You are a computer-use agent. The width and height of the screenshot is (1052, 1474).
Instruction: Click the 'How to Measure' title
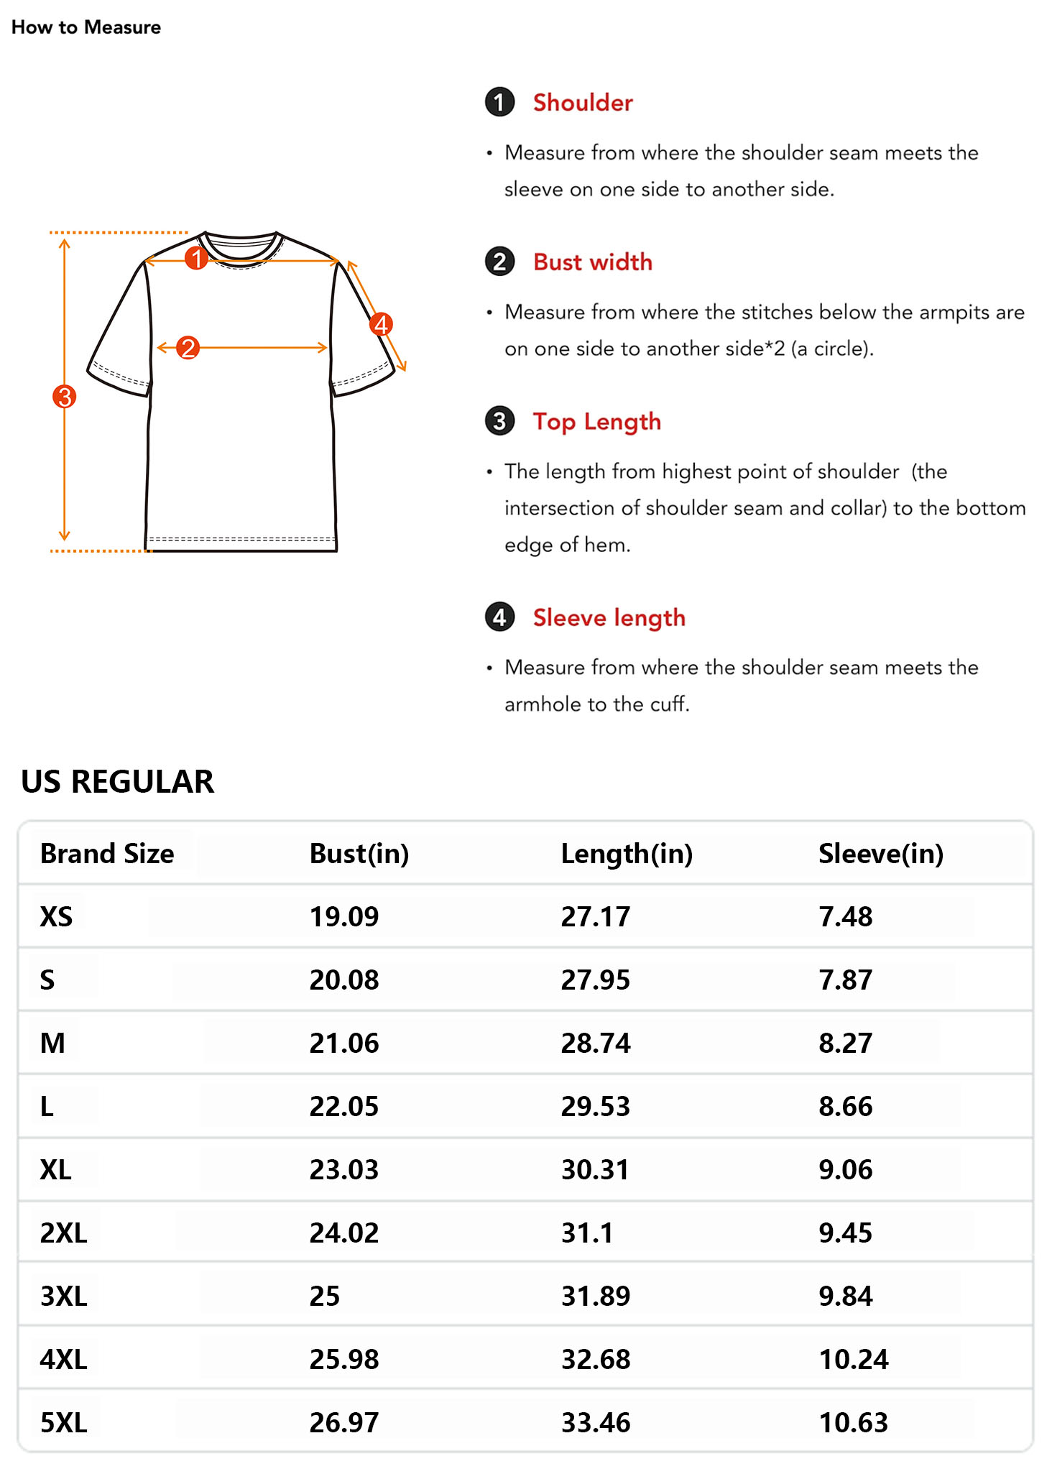tap(86, 27)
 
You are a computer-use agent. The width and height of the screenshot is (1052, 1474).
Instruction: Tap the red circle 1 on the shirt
tap(196, 258)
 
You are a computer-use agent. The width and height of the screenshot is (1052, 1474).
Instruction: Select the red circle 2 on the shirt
tap(188, 348)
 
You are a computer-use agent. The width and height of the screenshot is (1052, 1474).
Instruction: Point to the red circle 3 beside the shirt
tap(65, 396)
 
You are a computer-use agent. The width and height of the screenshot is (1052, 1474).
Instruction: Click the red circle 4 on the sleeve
tap(381, 324)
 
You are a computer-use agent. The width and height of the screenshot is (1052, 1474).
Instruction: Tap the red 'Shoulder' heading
tap(582, 103)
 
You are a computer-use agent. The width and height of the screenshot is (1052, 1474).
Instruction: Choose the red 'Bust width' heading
tap(592, 262)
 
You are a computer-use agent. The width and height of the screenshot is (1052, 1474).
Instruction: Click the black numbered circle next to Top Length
tap(499, 421)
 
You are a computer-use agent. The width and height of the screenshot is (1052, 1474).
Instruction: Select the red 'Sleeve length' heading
tap(609, 618)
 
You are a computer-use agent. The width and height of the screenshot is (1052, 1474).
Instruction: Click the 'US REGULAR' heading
tap(117, 782)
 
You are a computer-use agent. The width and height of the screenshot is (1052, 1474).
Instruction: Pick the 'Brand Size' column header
tap(107, 854)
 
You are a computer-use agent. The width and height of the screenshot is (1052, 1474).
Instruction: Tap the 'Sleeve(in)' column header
tap(880, 854)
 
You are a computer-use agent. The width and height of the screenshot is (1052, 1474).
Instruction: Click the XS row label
tap(56, 917)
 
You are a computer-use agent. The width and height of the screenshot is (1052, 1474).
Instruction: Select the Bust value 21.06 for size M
tap(344, 1044)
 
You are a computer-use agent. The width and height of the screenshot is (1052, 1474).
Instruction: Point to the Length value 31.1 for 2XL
tap(587, 1233)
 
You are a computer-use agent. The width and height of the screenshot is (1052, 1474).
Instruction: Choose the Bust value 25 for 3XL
tap(325, 1296)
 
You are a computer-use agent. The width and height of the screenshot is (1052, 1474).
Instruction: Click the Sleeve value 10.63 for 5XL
tap(853, 1423)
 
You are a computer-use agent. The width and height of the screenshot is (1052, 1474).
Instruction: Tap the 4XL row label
tap(63, 1360)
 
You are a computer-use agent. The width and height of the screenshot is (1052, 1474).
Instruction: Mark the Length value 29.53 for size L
tap(595, 1107)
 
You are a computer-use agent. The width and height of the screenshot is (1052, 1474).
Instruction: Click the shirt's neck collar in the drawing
tap(241, 248)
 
